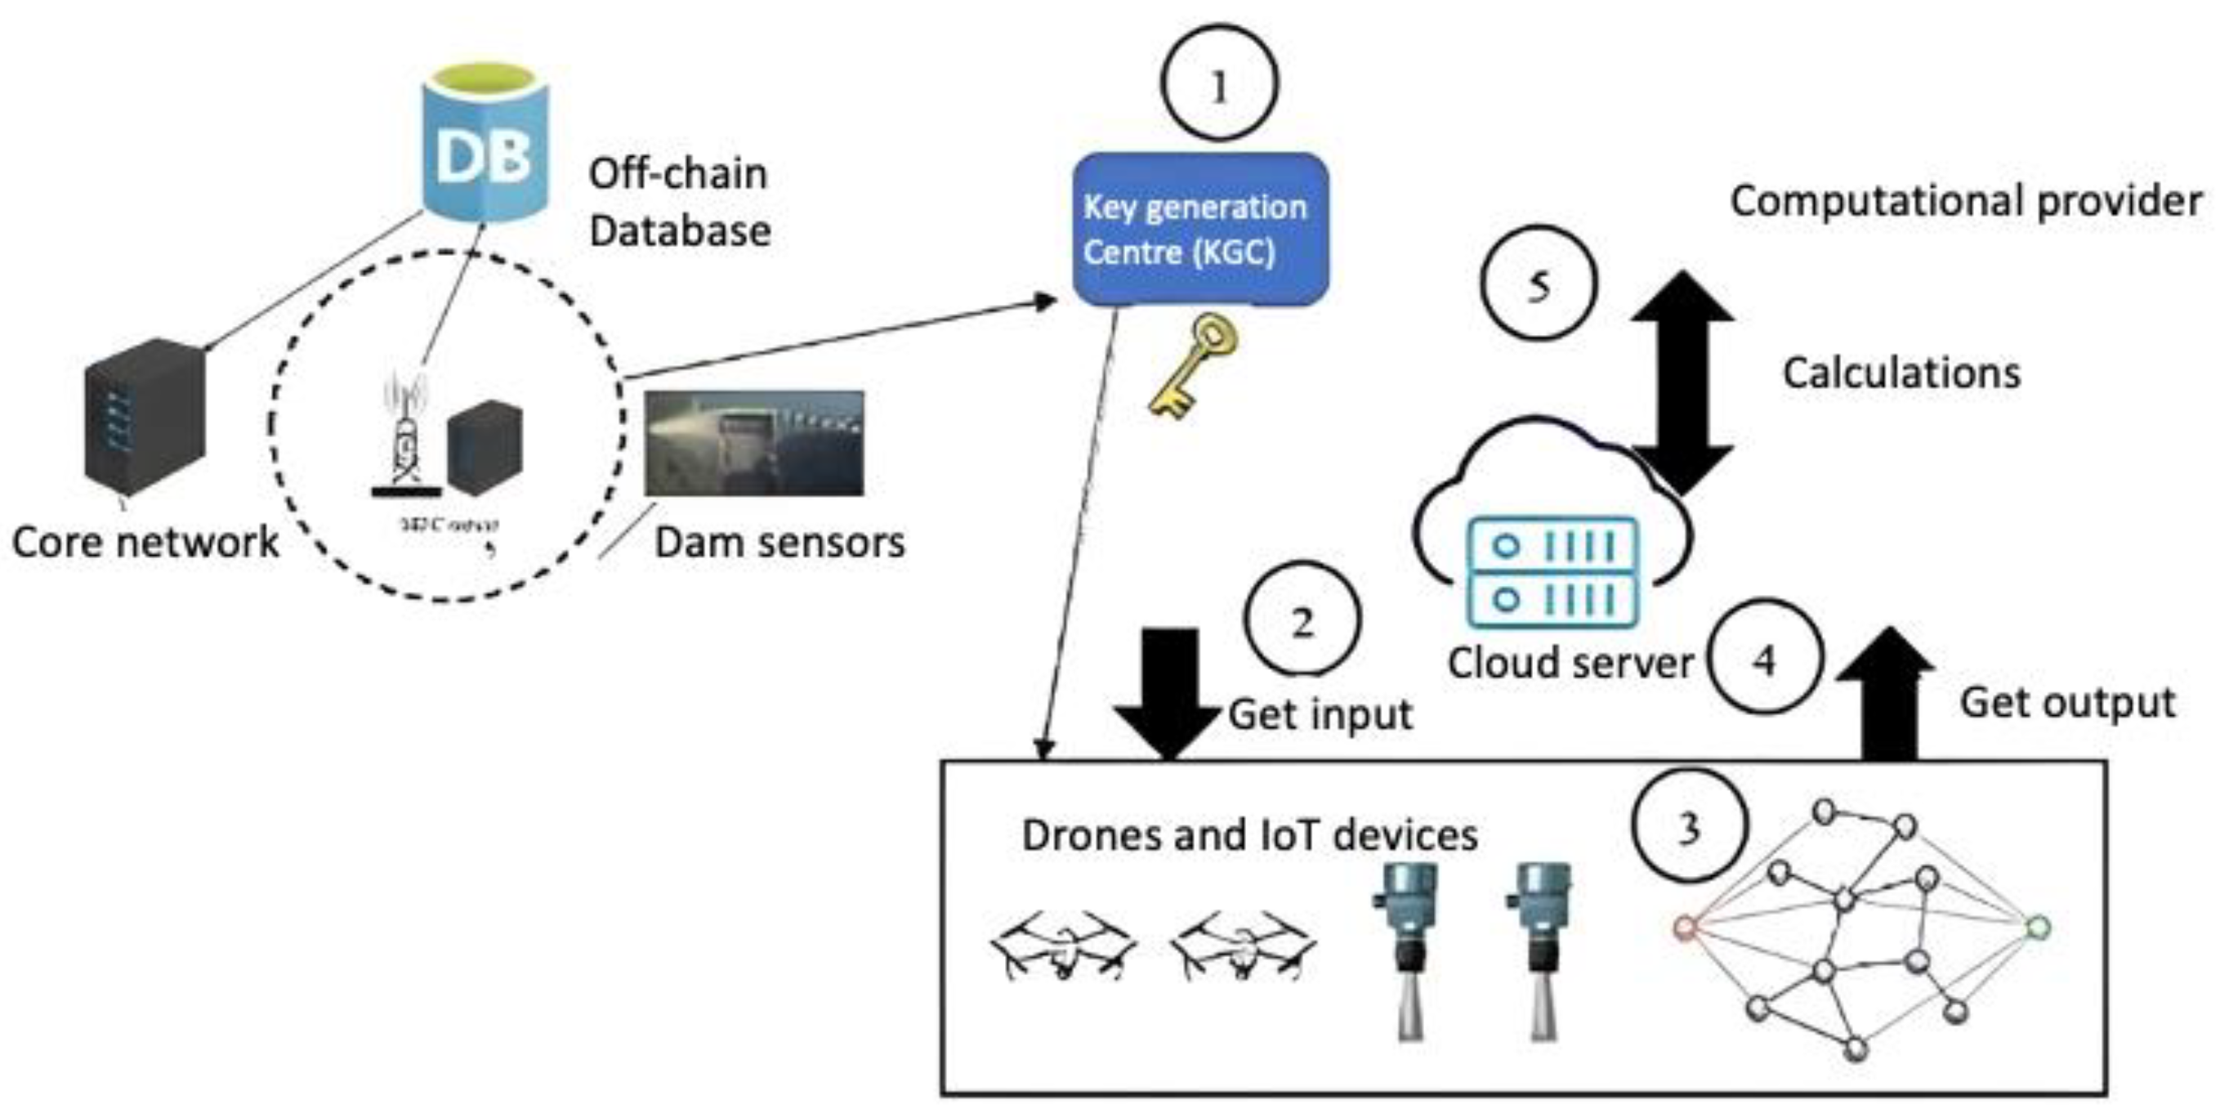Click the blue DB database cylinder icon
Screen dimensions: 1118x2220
pyautogui.click(x=485, y=145)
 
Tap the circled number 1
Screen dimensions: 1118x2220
pyautogui.click(x=1218, y=84)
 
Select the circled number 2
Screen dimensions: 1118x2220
pyautogui.click(x=1302, y=619)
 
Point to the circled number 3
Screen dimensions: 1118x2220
pyautogui.click(x=1688, y=825)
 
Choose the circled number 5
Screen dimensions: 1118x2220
pyautogui.click(x=1539, y=284)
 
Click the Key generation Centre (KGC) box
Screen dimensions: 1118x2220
pyautogui.click(x=1199, y=230)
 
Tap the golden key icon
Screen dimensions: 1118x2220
pyautogui.click(x=1194, y=365)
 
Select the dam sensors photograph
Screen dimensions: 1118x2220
pyautogui.click(x=754, y=443)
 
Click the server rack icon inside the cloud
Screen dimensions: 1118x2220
pyautogui.click(x=1552, y=571)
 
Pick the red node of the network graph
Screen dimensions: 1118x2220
pyautogui.click(x=1684, y=928)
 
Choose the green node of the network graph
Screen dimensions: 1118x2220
pyautogui.click(x=2037, y=928)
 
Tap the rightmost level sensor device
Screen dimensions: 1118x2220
pyautogui.click(x=1541, y=948)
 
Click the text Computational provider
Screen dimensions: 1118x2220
pyautogui.click(x=1966, y=201)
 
